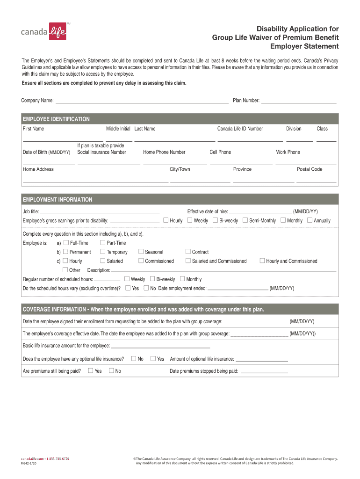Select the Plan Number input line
click(x=298, y=100)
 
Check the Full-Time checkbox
click(x=65, y=243)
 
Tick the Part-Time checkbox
click(x=103, y=243)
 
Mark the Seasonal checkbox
click(x=141, y=252)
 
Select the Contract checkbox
click(x=188, y=252)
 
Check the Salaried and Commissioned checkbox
click(x=188, y=261)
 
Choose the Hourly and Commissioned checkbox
click(x=262, y=261)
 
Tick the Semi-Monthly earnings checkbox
click(x=245, y=220)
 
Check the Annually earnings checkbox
click(x=310, y=220)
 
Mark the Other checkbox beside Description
click(x=65, y=270)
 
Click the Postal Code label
click(x=309, y=169)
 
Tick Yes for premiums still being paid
click(x=90, y=371)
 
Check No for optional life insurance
click(x=134, y=359)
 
